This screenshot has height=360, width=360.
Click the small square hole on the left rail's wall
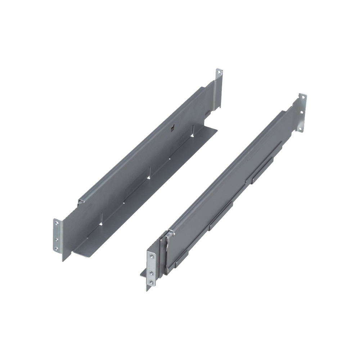(x=172, y=127)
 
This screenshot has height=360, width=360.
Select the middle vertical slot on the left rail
(x=148, y=173)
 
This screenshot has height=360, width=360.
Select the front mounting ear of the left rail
(x=58, y=236)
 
